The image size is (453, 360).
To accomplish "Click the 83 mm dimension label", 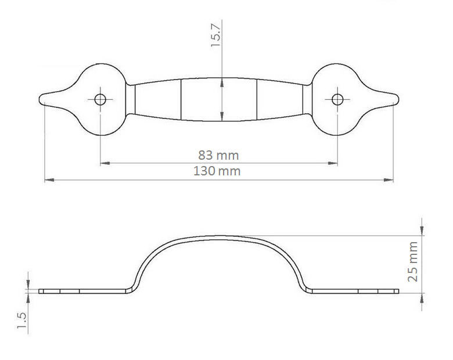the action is (x=218, y=156).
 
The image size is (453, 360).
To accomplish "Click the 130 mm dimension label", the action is (x=217, y=171).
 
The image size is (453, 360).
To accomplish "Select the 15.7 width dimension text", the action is (x=216, y=35).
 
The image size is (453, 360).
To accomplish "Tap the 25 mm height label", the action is (x=412, y=261).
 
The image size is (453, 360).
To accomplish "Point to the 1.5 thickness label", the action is (x=22, y=321).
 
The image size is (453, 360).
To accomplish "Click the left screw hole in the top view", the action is (x=100, y=100).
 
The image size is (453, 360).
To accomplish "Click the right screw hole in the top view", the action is (x=337, y=100).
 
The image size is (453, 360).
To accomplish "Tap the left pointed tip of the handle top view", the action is (x=39, y=99).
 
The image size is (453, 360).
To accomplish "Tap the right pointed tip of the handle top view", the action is (x=398, y=99).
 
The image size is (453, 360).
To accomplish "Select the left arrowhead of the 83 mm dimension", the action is (x=105, y=163).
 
